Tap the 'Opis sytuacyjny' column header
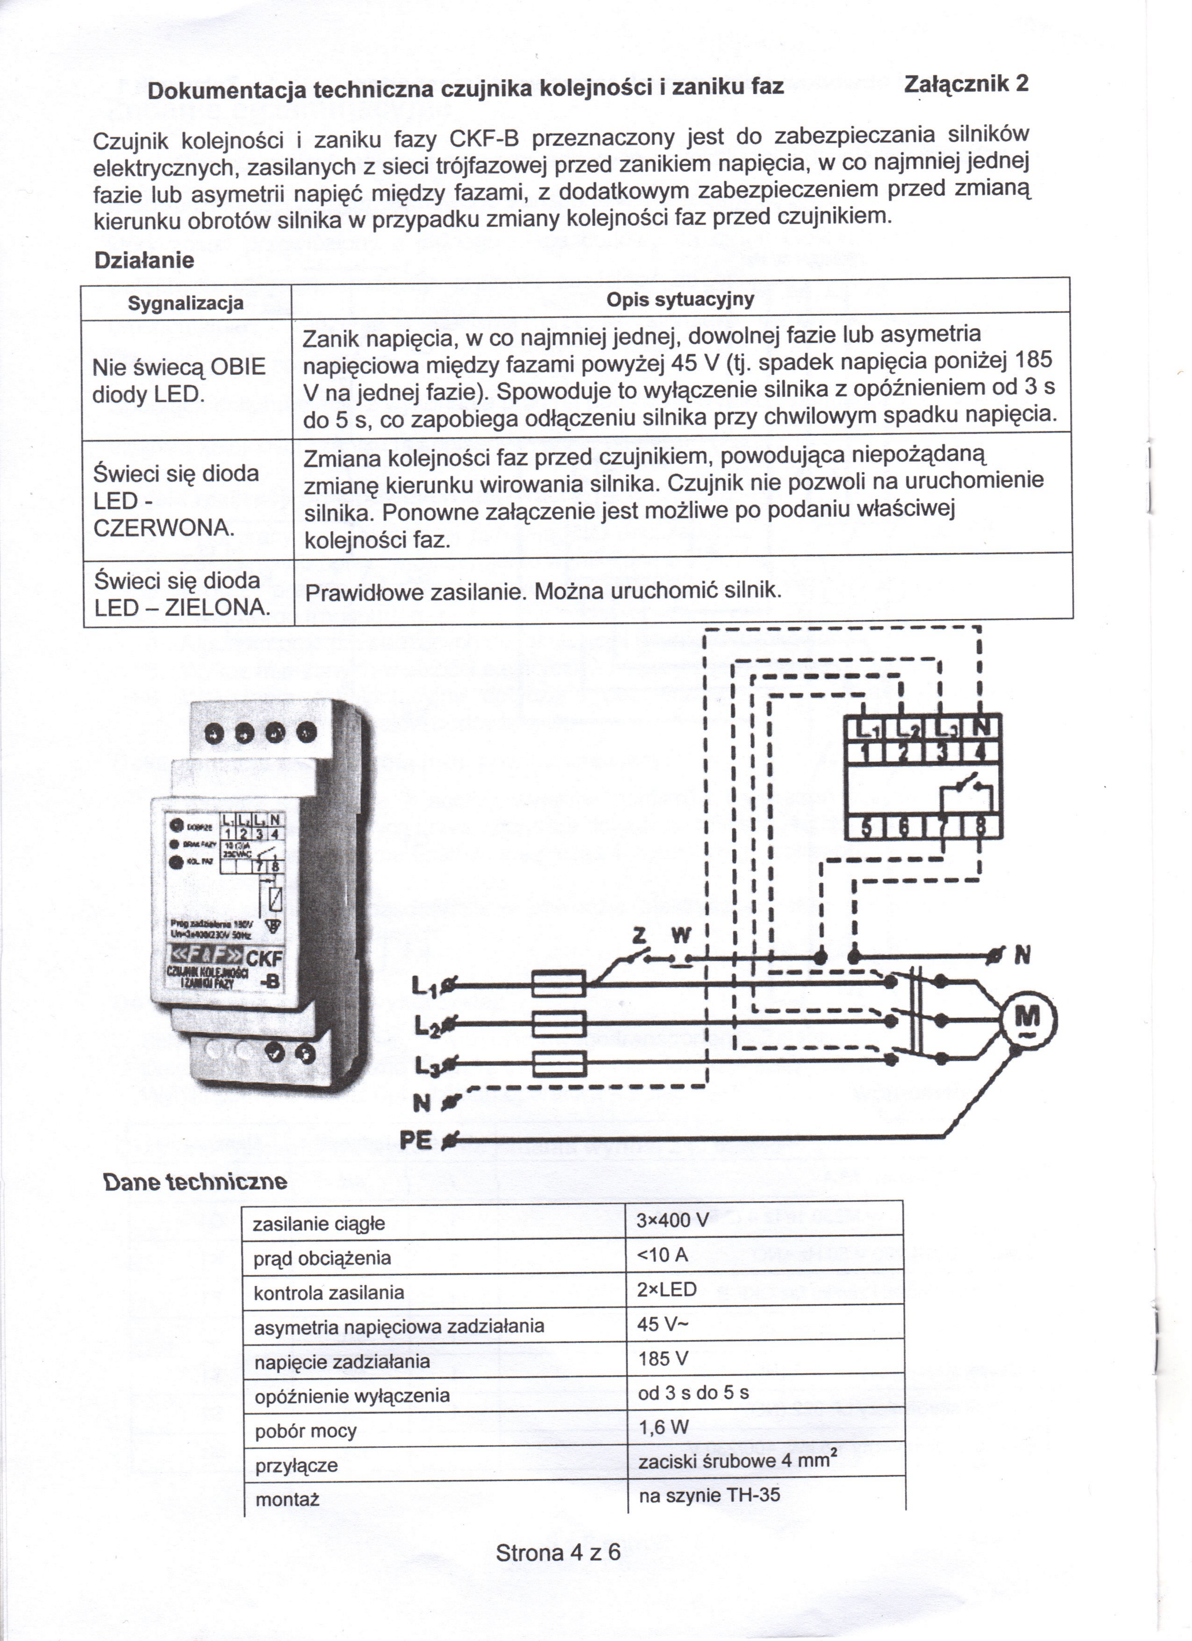680,300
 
